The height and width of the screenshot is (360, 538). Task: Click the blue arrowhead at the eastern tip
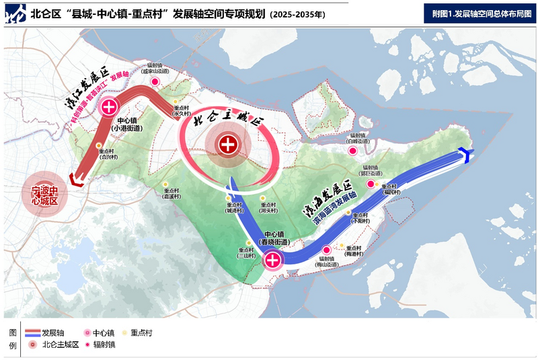(463, 155)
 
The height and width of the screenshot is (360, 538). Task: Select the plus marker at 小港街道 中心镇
(109, 106)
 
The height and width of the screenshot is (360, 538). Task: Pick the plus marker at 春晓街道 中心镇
(273, 260)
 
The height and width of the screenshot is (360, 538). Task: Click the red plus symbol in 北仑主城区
(229, 144)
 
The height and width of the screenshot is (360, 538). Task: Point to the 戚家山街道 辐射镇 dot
(155, 81)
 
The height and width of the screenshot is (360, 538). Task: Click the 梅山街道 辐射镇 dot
(327, 250)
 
